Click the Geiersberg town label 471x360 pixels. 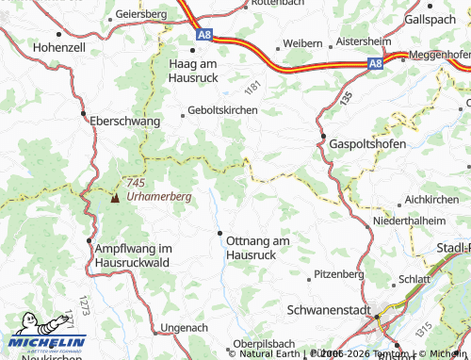pos(140,16)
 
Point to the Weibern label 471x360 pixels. pos(302,44)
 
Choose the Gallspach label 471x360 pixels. pos(431,19)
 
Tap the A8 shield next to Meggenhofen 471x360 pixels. pos(376,63)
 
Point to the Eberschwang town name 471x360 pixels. pos(125,122)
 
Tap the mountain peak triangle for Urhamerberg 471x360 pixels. pos(115,199)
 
